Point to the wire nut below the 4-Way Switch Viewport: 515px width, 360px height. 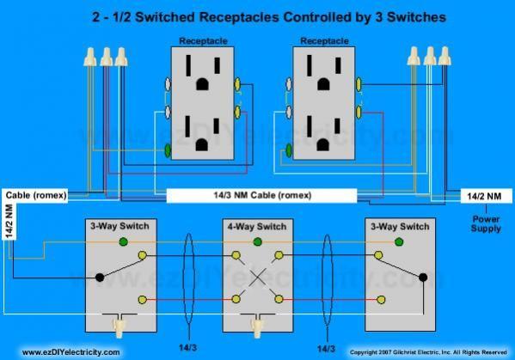(255, 326)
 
